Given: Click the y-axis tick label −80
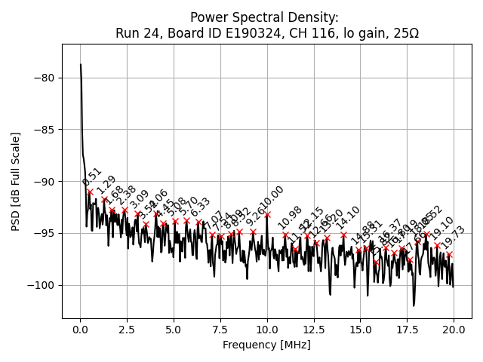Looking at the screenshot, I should coord(45,78).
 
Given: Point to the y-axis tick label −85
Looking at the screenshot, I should coord(45,130).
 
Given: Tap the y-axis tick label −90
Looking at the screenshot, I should coord(45,182).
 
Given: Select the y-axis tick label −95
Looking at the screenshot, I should coord(45,233).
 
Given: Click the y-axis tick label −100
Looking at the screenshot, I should coord(42,285).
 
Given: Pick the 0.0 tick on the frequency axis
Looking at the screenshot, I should coord(80,330).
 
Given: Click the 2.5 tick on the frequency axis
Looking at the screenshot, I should coord(127,330).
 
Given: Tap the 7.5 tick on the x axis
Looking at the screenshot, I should coord(220,330).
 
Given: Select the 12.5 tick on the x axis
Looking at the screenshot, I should coord(313,330).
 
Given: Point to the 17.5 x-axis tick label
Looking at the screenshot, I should coord(407,330).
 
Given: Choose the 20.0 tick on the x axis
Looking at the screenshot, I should coord(454,330).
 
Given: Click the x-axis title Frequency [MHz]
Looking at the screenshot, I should coord(266,345).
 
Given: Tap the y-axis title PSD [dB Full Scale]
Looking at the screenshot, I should coord(16,181).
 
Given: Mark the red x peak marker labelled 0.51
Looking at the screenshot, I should coord(90,192).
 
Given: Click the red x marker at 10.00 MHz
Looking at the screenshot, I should coord(267,214).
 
